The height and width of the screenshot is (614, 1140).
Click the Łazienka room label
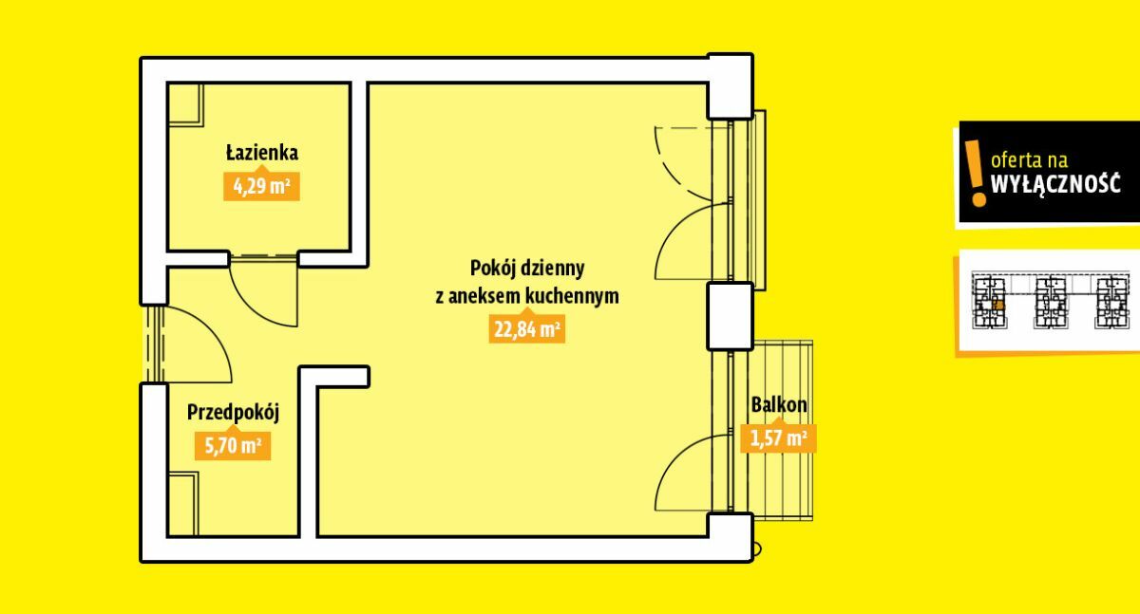point(262,153)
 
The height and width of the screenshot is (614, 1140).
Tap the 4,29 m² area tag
point(261,187)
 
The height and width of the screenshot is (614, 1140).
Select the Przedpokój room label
point(233,412)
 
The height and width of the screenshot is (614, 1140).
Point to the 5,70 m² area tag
point(233,446)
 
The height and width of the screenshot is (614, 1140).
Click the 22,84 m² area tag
point(526,329)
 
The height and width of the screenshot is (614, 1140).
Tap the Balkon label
point(779,405)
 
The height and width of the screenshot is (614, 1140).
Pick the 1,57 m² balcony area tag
point(778,438)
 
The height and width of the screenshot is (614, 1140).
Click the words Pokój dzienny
point(526,269)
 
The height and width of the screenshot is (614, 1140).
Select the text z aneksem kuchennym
point(526,296)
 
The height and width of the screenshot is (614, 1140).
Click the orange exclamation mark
point(975,174)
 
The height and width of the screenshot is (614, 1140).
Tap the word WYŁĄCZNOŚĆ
point(1055,184)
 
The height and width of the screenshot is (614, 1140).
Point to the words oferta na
point(1029,160)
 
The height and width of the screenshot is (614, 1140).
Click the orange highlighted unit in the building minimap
point(998,305)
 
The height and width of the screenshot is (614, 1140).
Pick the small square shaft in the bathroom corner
point(185,104)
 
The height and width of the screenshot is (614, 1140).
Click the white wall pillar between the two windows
point(730,316)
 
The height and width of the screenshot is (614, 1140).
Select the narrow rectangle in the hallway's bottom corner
point(182,504)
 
